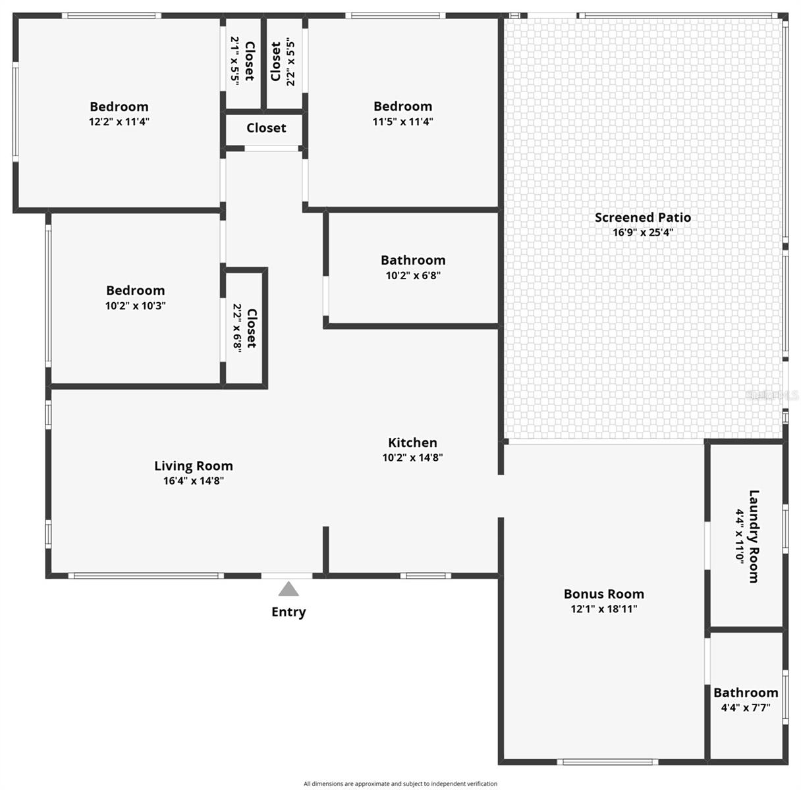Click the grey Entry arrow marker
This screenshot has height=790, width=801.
[x=288, y=589]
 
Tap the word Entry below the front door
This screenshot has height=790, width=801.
[x=289, y=612]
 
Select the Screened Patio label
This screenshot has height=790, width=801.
[x=643, y=217]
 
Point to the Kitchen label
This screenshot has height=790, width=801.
[x=412, y=442]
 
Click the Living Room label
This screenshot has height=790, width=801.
[x=194, y=466]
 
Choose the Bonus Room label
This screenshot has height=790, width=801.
[x=603, y=594]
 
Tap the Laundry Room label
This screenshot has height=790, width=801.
[x=754, y=536]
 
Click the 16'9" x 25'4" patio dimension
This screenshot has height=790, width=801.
[x=643, y=232]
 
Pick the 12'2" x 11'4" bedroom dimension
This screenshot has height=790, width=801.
[x=119, y=122]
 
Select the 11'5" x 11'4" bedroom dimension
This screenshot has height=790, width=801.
[x=402, y=122]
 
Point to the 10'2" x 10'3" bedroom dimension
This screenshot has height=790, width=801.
[x=136, y=306]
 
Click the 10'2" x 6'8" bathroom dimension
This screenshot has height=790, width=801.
[x=413, y=276]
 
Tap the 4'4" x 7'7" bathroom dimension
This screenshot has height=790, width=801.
[x=746, y=708]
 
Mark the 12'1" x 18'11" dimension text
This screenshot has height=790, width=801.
[x=603, y=610]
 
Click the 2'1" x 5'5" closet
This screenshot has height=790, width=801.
[x=242, y=61]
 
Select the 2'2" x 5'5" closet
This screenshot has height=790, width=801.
[x=283, y=61]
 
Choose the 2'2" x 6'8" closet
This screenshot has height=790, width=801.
[x=244, y=328]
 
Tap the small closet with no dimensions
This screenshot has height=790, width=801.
[x=266, y=128]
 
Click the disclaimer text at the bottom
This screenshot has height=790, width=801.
[x=400, y=783]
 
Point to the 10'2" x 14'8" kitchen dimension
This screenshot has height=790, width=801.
[x=412, y=458]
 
